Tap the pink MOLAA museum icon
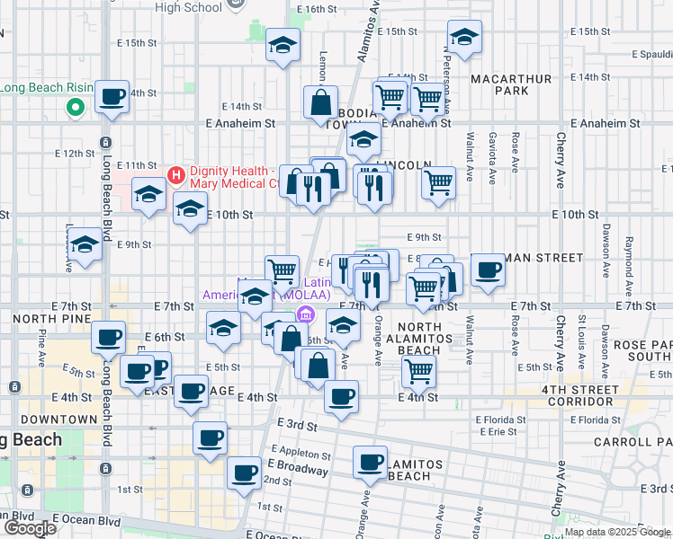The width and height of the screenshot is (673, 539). [x=305, y=314]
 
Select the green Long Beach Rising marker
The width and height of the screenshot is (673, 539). [x=75, y=109]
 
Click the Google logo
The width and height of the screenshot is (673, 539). [x=30, y=528]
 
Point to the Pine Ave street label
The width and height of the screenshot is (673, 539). [x=42, y=346]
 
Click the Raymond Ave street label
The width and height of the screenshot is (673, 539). [x=629, y=256]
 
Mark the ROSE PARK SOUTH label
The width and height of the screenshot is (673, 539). [x=640, y=350]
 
